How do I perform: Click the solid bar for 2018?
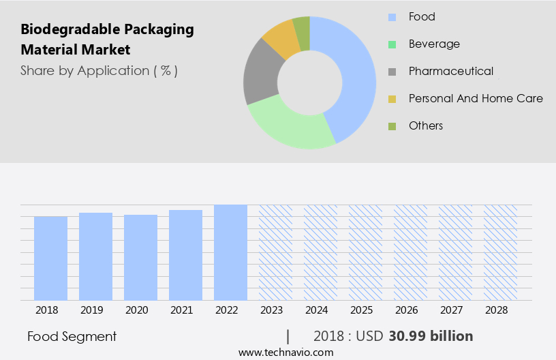pyautogui.click(x=50, y=258)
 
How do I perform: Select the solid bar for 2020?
pyautogui.click(x=140, y=257)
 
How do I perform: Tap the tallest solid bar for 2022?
pyautogui.click(x=230, y=252)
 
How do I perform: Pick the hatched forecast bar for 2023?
pyautogui.click(x=275, y=252)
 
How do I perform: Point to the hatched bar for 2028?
pyautogui.click(x=500, y=252)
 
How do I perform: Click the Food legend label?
pyautogui.click(x=422, y=16)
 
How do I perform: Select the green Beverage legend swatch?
pyautogui.click(x=392, y=44)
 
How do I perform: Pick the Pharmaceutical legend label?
pyautogui.click(x=450, y=71)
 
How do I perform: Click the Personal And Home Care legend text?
pyautogui.click(x=476, y=98)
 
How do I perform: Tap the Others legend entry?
pyautogui.click(x=426, y=125)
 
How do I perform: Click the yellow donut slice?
pyautogui.click(x=281, y=39)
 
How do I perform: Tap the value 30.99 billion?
pyautogui.click(x=431, y=336)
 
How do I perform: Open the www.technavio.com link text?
pyautogui.click(x=285, y=352)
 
